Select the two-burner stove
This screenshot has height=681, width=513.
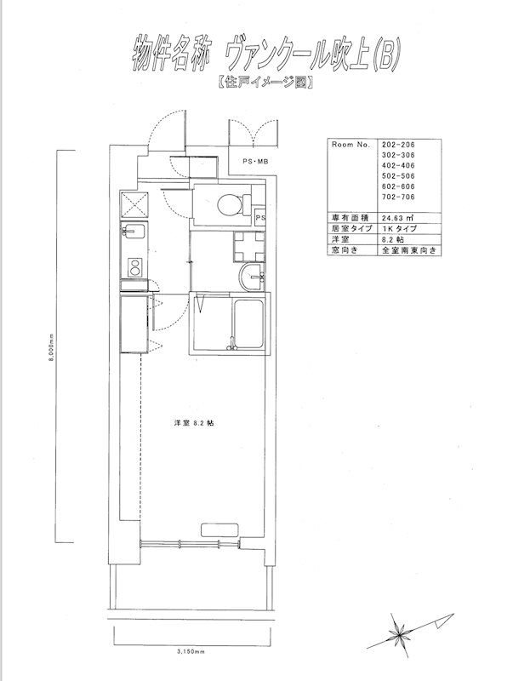[x=134, y=267]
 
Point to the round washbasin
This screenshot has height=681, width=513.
[x=251, y=278]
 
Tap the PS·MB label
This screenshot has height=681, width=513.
[x=255, y=162]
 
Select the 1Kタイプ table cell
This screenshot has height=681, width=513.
[x=400, y=228]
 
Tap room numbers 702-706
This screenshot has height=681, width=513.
[x=398, y=197]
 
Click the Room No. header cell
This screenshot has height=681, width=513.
[x=351, y=145]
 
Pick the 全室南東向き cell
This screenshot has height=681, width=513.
[x=409, y=250]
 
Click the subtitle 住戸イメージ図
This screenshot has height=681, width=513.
[x=265, y=82]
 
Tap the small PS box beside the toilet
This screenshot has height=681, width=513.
[x=260, y=216]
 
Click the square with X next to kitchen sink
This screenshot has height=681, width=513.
[x=134, y=204]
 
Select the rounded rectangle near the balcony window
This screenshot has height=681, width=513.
[x=220, y=530]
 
